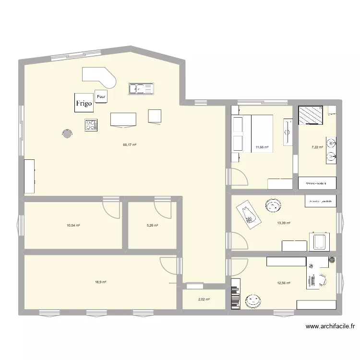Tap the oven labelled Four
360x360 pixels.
(101, 96)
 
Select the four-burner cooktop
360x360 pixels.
(91, 125)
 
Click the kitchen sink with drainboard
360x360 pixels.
(141, 88)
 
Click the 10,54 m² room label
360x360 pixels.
(73, 225)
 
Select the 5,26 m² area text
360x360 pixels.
(152, 225)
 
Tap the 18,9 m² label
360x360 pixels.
(100, 282)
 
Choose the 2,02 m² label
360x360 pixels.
(204, 300)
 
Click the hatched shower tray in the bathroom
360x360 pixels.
(311, 115)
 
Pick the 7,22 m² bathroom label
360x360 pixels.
(317, 147)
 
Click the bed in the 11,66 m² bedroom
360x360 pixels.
(262, 133)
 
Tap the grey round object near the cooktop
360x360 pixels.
(67, 133)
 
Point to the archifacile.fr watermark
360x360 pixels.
(330, 326)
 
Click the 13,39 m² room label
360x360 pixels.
(284, 222)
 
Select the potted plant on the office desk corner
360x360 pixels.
(332, 261)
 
